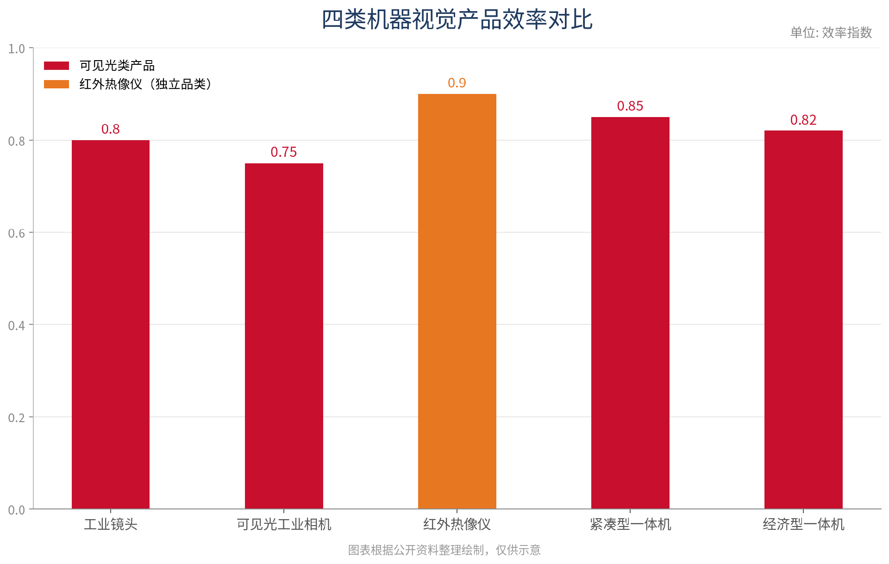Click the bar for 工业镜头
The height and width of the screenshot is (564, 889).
pyautogui.click(x=111, y=324)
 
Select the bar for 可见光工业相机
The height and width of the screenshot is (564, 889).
pyautogui.click(x=284, y=336)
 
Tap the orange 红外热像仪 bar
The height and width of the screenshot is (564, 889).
pyautogui.click(x=457, y=301)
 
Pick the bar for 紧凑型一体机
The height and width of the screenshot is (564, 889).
pyautogui.click(x=630, y=313)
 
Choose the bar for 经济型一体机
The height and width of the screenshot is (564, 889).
pyautogui.click(x=803, y=320)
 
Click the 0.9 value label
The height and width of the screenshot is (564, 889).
pyautogui.click(x=457, y=83)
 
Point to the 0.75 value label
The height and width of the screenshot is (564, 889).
pyautogui.click(x=284, y=152)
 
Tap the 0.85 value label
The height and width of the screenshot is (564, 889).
pyautogui.click(x=630, y=106)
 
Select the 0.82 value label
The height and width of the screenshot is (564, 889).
pyautogui.click(x=803, y=120)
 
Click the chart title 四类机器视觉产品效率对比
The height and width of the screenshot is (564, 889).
pyautogui.click(x=457, y=20)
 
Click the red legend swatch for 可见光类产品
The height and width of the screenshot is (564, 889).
pyautogui.click(x=56, y=66)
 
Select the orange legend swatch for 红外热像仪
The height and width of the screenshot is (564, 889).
pyautogui.click(x=56, y=84)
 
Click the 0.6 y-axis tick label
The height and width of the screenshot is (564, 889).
pyautogui.click(x=17, y=233)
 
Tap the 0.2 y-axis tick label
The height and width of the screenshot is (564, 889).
pyautogui.click(x=17, y=418)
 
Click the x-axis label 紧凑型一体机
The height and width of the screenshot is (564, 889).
pyautogui.click(x=630, y=524)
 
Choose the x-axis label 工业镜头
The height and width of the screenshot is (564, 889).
pyautogui.click(x=111, y=524)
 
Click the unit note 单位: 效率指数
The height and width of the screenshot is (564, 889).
pyautogui.click(x=831, y=32)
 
